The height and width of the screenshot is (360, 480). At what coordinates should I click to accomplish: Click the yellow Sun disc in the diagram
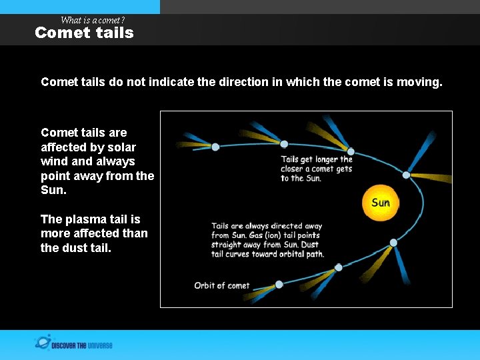tap(380, 203)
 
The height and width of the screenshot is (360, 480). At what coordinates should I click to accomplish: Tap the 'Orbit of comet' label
tap(221, 285)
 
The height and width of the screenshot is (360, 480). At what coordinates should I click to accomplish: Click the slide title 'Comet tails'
tap(84, 33)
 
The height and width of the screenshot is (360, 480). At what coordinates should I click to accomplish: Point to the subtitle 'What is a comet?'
tap(93, 20)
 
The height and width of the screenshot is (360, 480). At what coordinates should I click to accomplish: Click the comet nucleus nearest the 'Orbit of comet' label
tap(279, 284)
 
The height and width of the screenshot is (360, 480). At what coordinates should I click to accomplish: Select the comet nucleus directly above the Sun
tap(406, 175)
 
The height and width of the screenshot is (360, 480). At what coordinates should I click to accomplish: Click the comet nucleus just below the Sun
tap(393, 243)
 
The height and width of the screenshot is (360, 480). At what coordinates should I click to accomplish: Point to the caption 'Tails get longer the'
tap(316, 159)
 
